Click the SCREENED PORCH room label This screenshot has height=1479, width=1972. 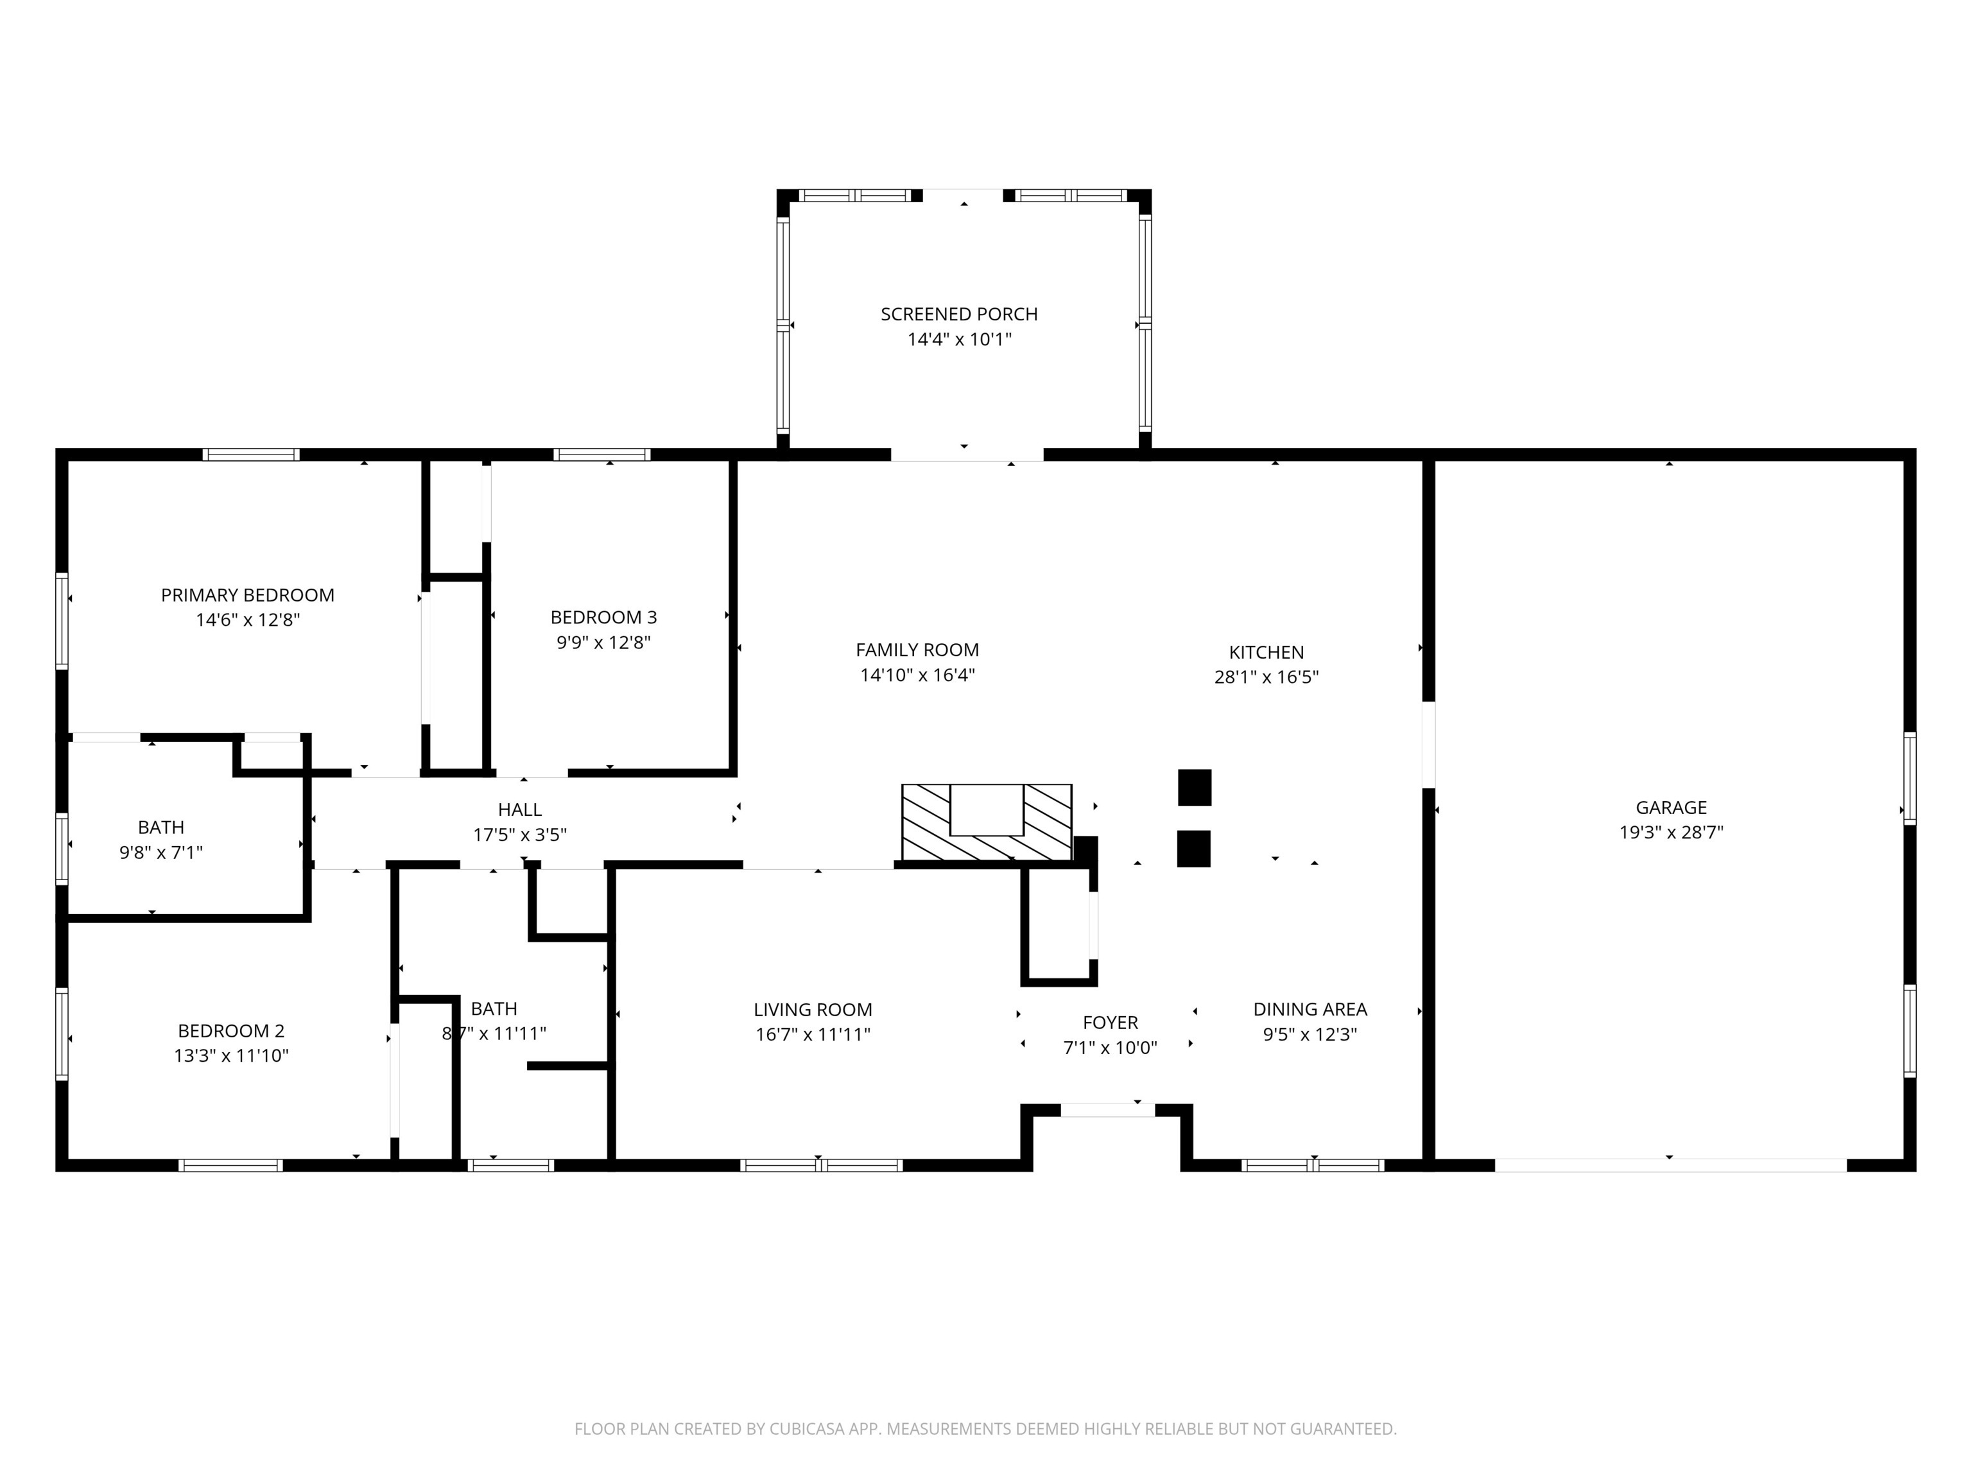958,314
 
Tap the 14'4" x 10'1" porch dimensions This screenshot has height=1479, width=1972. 958,340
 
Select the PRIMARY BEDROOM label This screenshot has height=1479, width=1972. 247,594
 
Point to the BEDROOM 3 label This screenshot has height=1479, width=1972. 603,617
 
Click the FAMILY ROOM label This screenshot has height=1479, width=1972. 917,650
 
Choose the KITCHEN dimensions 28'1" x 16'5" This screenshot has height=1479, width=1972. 1265,677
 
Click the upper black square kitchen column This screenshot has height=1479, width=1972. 1194,787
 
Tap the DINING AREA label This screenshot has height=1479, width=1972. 1309,1009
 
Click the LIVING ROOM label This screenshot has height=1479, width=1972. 812,1009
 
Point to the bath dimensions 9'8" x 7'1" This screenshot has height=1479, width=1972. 160,852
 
